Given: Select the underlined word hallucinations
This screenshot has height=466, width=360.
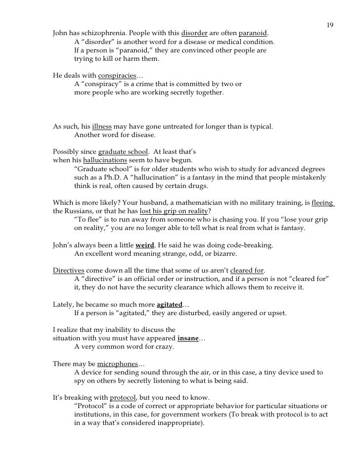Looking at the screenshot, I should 105,161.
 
